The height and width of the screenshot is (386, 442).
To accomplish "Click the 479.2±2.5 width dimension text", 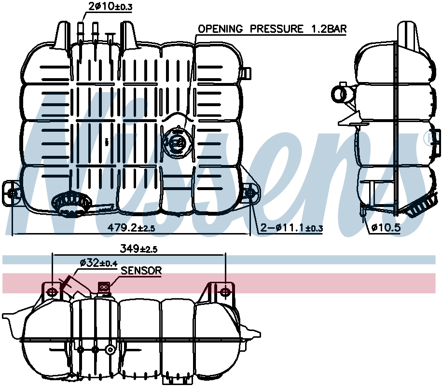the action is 132,227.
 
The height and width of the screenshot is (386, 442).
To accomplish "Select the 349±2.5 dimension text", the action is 138,248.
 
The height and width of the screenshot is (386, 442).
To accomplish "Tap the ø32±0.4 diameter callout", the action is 98,263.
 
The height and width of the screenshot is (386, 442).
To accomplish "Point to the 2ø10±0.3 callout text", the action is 110,6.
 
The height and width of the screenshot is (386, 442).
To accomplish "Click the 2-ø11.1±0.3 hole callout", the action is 291,227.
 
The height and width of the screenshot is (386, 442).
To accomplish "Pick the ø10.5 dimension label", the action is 386,227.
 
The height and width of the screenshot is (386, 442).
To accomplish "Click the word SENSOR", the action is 141,271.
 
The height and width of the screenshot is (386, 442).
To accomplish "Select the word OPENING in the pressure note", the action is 220,29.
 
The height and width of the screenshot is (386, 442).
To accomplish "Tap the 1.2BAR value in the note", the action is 329,29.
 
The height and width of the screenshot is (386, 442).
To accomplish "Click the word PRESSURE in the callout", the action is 277,29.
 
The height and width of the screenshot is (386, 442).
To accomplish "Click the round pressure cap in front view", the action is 178,143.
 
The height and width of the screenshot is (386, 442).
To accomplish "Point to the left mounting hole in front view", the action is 12,193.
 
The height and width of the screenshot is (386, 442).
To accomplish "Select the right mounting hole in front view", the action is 250,193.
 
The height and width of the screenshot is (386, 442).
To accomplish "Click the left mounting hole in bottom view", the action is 52,291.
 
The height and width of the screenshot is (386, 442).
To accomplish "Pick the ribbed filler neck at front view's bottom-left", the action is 71,204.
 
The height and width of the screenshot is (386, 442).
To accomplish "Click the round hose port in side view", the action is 342,94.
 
